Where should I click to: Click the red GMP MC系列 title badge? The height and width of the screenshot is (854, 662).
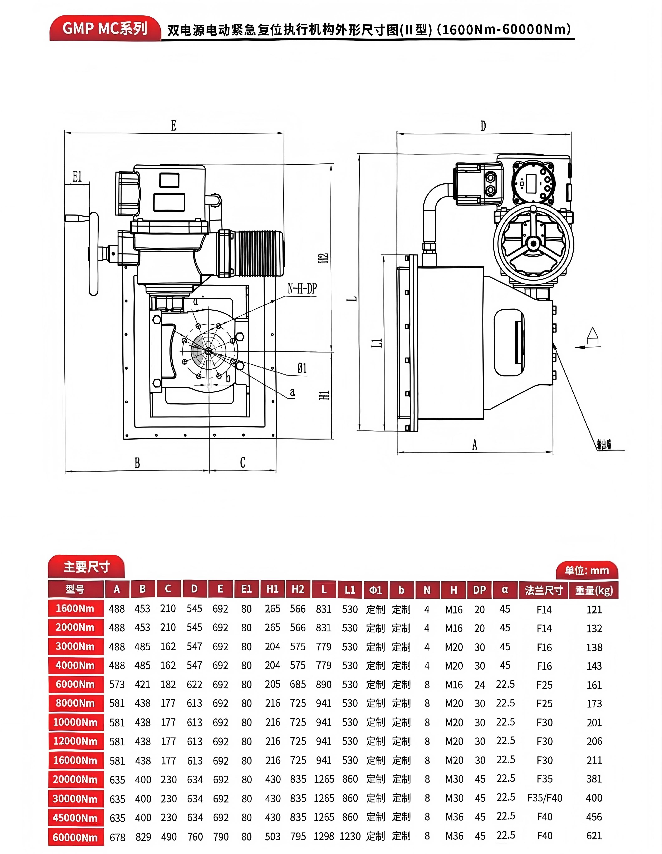[x=105, y=29]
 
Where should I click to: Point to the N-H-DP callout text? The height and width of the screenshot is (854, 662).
[x=302, y=288]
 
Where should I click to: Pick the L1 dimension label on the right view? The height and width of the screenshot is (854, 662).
[x=377, y=343]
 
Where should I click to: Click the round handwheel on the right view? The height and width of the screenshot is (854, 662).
[x=533, y=244]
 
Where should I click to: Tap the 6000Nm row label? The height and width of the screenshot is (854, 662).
[x=75, y=684]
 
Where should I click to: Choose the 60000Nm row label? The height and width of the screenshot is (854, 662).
[x=75, y=837]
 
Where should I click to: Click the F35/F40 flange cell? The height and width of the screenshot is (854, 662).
[x=544, y=798]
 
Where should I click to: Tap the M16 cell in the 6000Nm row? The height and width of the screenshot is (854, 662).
[x=453, y=685]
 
